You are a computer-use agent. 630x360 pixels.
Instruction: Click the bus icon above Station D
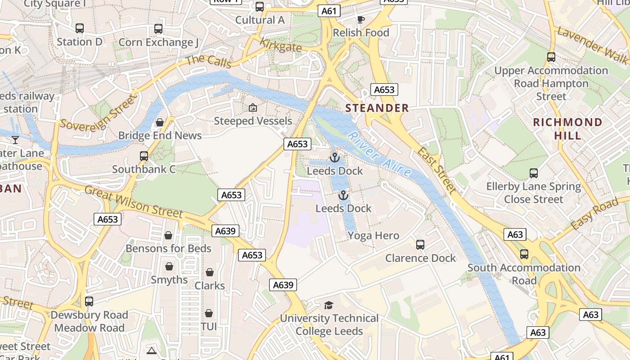80,28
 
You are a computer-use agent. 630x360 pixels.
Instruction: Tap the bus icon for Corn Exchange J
158,29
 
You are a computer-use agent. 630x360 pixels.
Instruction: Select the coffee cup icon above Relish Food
360,19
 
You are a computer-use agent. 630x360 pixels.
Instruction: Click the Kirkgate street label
281,45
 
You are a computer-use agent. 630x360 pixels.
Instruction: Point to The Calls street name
208,61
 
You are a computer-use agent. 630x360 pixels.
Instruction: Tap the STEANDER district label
377,108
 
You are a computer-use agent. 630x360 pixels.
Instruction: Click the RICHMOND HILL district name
567,129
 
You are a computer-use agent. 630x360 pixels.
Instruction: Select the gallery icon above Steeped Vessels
253,108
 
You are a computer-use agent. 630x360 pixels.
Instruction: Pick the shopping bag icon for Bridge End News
160,122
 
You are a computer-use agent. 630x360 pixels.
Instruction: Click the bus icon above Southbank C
144,156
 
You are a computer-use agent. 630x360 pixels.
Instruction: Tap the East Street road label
436,170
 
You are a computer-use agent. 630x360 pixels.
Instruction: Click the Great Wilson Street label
134,202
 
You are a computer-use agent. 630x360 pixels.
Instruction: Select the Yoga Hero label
373,236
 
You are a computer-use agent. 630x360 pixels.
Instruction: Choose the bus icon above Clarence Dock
420,245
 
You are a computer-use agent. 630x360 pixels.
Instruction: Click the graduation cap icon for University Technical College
329,305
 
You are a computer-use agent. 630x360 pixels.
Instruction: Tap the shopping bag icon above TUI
209,313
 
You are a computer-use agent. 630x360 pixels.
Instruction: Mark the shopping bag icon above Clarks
210,272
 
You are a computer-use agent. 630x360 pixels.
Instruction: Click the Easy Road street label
594,214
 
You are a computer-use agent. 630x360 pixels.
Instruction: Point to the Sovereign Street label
97,112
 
